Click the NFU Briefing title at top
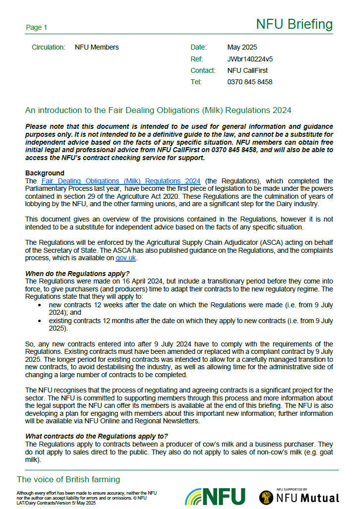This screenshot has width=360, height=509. pyautogui.click(x=294, y=24)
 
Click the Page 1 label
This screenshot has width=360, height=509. pyautogui.click(x=36, y=28)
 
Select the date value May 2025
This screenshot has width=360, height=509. pyautogui.click(x=242, y=48)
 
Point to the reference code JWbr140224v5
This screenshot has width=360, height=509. pyautogui.click(x=250, y=59)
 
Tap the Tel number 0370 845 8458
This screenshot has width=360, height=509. pyautogui.click(x=249, y=82)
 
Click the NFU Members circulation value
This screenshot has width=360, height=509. pyautogui.click(x=97, y=48)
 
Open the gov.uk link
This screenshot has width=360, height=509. pyautogui.click(x=125, y=258)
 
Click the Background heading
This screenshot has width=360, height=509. pyautogui.click(x=45, y=173)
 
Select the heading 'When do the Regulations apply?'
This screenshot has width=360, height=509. pyautogui.click(x=77, y=274)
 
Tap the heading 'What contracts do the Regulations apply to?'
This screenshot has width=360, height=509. pyautogui.click(x=97, y=436)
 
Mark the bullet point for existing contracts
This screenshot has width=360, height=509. pyautogui.click(x=40, y=321)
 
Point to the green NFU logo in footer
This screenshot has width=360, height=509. pyautogui.click(x=215, y=496)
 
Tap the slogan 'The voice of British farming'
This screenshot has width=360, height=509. pyautogui.click(x=68, y=479)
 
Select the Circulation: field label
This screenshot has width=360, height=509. pyautogui.click(x=49, y=48)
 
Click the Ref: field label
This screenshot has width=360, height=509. pyautogui.click(x=197, y=59)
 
